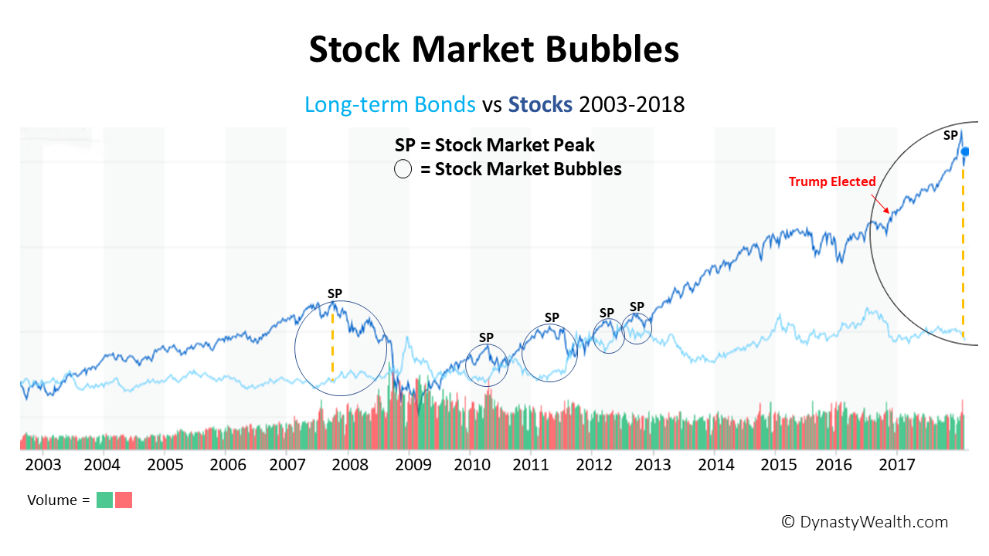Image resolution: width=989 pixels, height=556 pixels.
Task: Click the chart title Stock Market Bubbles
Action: point(494,49)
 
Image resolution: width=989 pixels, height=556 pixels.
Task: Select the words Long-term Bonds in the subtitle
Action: point(390,104)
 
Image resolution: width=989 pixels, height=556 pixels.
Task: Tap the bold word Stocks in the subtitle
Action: point(540,104)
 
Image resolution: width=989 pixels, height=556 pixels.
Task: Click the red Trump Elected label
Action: point(832,182)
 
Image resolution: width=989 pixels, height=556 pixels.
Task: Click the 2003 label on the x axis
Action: point(42,465)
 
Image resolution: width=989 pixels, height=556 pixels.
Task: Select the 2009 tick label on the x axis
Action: point(413,465)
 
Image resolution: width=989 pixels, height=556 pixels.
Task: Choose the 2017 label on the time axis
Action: point(897,465)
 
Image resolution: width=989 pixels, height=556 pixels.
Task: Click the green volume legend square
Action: point(104,500)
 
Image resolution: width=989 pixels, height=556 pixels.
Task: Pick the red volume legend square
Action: point(124,500)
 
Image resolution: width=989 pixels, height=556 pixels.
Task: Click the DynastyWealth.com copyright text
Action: point(865,522)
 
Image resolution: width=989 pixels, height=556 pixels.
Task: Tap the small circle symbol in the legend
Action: point(403,169)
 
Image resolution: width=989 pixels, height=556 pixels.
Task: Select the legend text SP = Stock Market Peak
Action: point(494,145)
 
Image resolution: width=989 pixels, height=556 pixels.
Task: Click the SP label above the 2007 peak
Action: point(335,293)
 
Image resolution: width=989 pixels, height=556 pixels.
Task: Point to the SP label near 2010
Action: point(486,337)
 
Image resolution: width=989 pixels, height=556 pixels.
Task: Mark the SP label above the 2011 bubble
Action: point(552,317)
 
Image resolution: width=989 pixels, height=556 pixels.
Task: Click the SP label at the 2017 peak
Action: point(950,135)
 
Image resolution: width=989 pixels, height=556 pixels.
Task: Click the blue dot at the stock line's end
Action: point(965,151)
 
